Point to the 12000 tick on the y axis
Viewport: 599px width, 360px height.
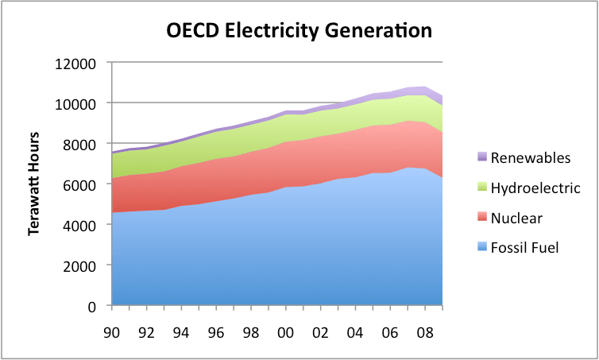click(x=76, y=64)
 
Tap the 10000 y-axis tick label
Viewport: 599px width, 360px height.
click(x=76, y=104)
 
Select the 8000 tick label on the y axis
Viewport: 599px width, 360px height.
click(x=80, y=145)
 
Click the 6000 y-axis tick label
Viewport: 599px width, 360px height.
click(x=80, y=185)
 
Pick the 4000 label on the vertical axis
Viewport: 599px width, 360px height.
click(x=80, y=226)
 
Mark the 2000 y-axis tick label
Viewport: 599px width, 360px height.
click(x=80, y=266)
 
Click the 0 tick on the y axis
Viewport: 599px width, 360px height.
click(x=92, y=307)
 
